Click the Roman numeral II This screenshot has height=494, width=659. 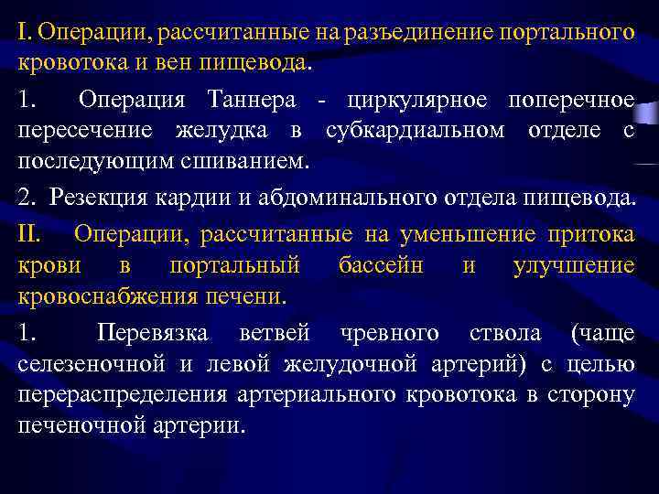[29, 233]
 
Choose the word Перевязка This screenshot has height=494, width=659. [153, 332]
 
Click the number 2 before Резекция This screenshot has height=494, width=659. [24, 199]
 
